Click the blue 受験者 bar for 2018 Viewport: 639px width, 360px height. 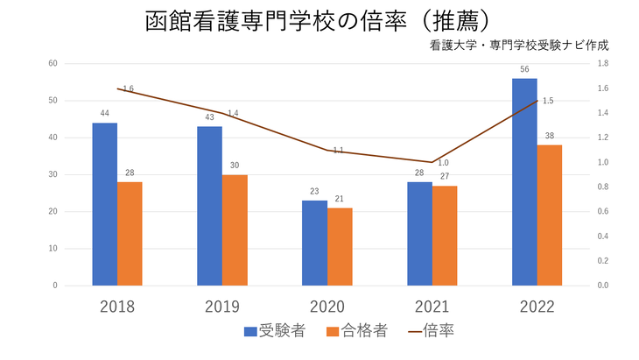tap(104, 204)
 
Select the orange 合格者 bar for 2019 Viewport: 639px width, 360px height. tap(235, 229)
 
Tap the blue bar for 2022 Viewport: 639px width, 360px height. tap(524, 181)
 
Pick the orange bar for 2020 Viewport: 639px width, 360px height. tap(340, 246)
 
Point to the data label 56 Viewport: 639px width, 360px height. tap(524, 69)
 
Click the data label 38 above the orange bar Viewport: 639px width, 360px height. tap(549, 136)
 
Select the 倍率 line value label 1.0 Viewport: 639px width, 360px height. tap(443, 162)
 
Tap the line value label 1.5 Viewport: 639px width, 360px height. tap(548, 101)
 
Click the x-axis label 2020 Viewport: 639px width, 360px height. tap(327, 307)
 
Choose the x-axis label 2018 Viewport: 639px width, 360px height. tap(117, 307)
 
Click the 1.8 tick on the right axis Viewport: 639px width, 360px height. tap(601, 64)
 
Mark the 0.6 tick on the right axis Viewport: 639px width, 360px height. tap(601, 212)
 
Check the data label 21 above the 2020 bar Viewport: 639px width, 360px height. tap(340, 199)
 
